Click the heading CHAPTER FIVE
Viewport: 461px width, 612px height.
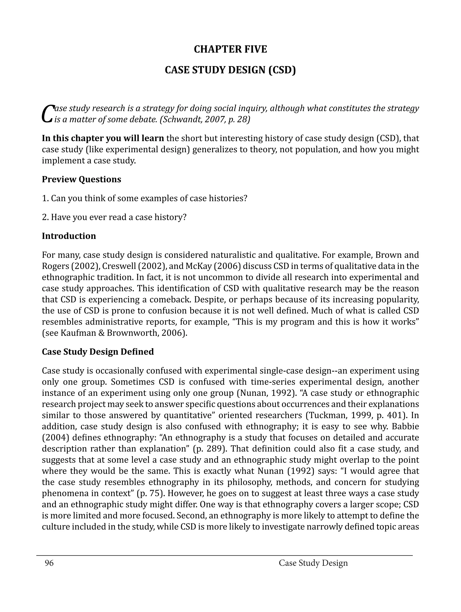point(230,49)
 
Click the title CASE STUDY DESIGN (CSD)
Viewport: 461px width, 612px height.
point(230,70)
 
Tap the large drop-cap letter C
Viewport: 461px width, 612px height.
point(47,113)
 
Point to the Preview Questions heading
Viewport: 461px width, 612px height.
point(81,179)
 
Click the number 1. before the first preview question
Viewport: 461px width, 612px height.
point(45,198)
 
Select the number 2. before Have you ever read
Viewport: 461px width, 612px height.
point(45,217)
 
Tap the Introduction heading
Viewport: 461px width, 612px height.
point(69,236)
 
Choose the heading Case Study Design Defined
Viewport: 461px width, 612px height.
point(98,352)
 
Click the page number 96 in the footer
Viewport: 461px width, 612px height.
point(49,563)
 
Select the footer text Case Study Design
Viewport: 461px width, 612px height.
point(313,563)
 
